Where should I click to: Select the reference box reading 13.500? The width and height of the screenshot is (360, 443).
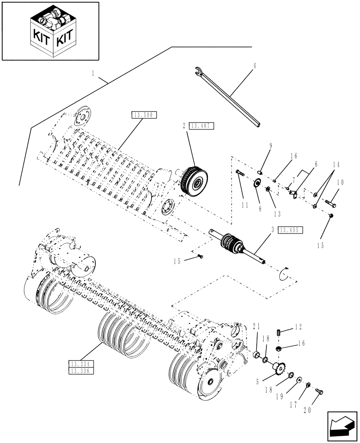pos(144,115)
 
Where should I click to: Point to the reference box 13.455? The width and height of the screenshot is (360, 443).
pos(290,229)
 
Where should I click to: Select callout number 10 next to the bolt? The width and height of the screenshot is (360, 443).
pos(340,182)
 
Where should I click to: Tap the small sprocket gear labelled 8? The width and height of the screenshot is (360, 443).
pos(256,183)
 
